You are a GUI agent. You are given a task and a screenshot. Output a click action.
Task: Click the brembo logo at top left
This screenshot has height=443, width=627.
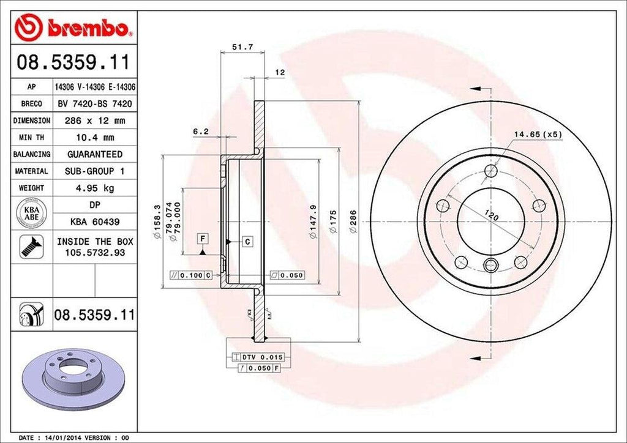point(73,27)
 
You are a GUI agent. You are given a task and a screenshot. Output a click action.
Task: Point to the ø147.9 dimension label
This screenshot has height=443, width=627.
point(313,221)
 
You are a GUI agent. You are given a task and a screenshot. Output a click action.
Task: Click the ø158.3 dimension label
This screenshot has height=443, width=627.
point(157,222)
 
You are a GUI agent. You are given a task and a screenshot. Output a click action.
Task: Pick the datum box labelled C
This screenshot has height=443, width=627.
point(247,242)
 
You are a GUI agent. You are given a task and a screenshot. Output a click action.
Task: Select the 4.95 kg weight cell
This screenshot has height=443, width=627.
point(95,188)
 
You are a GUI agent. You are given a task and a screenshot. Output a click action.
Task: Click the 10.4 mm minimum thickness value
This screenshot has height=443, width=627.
point(95,138)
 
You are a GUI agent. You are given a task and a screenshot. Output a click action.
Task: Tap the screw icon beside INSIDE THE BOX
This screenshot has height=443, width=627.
point(28,247)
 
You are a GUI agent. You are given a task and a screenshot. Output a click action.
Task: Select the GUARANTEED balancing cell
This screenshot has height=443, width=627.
point(95,154)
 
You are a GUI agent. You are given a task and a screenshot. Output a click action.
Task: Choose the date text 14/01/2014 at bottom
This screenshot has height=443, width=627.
point(64,438)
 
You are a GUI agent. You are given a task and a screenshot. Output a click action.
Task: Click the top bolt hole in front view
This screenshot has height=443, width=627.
point(491,171)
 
